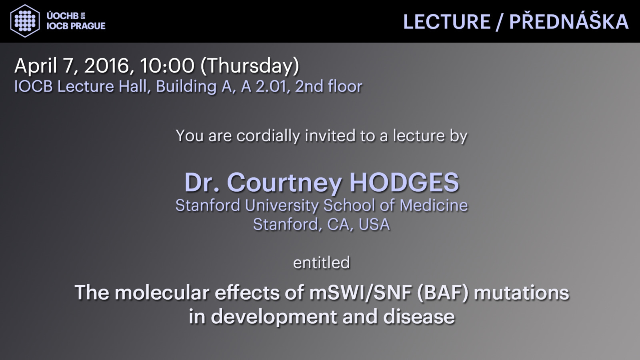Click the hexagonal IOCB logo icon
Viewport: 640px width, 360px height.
[x=25, y=21]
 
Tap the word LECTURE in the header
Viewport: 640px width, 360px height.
[x=447, y=22]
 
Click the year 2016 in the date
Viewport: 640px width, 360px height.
[x=109, y=66]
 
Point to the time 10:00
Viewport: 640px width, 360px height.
[x=167, y=66]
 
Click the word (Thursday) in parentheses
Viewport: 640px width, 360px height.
[x=250, y=66]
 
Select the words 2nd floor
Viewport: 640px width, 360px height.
[x=328, y=86]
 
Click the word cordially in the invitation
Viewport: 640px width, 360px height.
[x=268, y=136]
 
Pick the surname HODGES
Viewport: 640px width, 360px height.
[x=404, y=182]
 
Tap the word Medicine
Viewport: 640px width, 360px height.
[x=434, y=206]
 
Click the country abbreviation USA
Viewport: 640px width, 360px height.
[x=374, y=224]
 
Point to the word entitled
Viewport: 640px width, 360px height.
[x=322, y=262]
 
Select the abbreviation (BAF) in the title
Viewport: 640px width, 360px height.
[x=442, y=294]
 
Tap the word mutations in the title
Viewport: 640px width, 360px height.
[x=522, y=294]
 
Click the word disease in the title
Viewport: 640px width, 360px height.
[x=419, y=317]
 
